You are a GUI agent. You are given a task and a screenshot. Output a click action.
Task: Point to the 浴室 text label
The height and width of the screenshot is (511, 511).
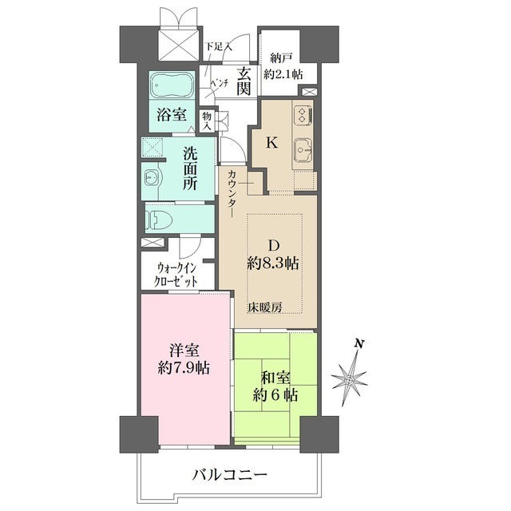pyautogui.click(x=170, y=115)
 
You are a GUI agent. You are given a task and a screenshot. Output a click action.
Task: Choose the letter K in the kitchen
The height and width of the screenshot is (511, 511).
pyautogui.click(x=271, y=144)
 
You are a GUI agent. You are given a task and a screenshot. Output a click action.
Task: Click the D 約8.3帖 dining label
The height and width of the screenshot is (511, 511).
pyautogui.click(x=272, y=255)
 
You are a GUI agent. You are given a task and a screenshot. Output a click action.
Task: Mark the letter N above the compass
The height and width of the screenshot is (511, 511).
pyautogui.click(x=360, y=345)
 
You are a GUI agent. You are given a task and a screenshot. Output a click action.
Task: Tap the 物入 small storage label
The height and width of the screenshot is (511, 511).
pyautogui.click(x=206, y=121)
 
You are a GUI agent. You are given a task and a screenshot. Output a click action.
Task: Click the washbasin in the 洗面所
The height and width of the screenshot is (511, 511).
pyautogui.click(x=152, y=177)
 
